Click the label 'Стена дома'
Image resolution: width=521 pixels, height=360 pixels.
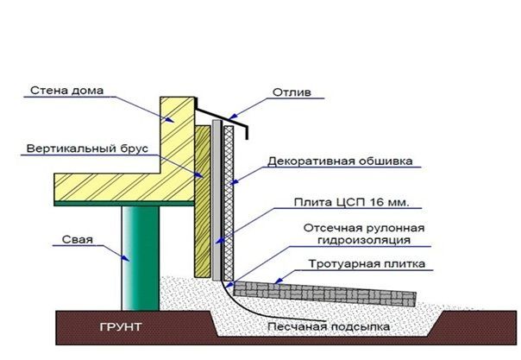(66, 91)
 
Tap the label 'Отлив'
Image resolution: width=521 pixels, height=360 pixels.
(292, 92)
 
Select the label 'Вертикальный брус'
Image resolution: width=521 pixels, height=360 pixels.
(87, 148)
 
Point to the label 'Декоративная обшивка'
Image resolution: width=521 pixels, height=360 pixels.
(340, 161)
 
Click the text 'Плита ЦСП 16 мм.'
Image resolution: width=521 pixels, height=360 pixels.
(351, 202)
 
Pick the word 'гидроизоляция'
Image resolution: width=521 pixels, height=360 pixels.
(364, 240)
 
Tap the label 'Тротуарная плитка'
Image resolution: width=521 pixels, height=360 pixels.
(367, 264)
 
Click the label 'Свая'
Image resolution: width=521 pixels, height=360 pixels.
(78, 240)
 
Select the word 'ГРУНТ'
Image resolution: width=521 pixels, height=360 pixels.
(121, 327)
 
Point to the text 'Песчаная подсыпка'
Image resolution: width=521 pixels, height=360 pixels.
(329, 326)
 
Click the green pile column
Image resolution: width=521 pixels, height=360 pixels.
(141, 258)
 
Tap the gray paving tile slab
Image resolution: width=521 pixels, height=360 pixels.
(324, 294)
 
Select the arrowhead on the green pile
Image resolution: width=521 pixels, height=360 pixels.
(125, 258)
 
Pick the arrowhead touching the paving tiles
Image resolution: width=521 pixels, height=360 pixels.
(279, 281)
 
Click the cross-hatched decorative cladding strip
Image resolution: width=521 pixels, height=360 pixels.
(229, 204)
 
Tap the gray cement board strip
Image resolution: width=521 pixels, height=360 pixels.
(217, 199)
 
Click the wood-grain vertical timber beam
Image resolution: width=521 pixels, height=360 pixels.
(203, 201)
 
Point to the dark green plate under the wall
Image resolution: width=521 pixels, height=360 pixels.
(124, 204)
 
